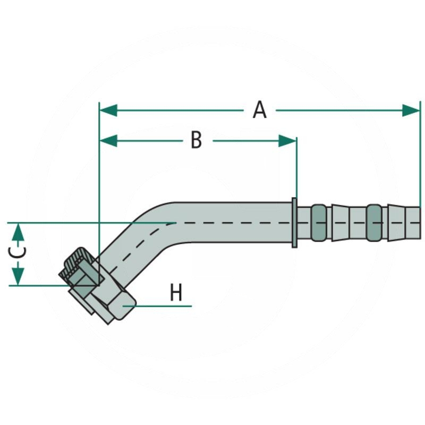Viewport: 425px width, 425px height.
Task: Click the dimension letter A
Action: pos(259,110)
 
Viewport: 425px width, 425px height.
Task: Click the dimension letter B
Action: pos(197,141)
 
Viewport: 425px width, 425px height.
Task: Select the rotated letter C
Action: pos(18,253)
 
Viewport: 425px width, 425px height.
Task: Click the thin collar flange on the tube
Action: pos(294,222)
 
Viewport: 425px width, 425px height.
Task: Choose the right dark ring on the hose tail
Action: pos(373,222)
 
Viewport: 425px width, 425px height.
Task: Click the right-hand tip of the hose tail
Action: pos(419,222)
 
